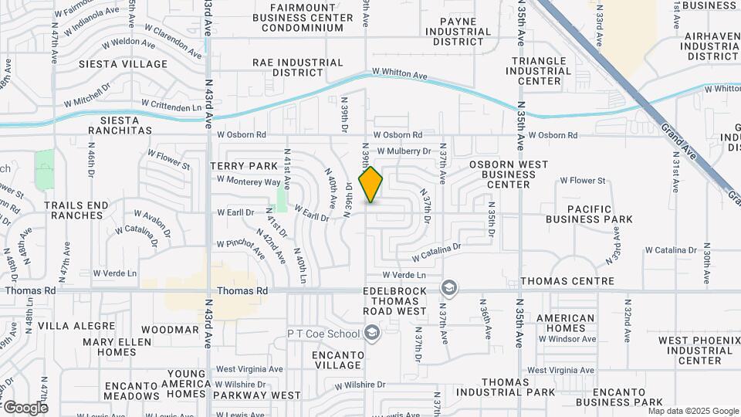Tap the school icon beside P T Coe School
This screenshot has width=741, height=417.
(x=372, y=333)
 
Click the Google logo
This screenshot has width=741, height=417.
(x=25, y=408)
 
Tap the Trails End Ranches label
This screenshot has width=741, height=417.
(x=76, y=210)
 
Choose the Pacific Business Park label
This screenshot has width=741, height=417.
(x=589, y=214)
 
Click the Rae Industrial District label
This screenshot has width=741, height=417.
(x=297, y=67)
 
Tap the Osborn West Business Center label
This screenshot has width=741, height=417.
(x=509, y=175)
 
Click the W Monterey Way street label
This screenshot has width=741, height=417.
(x=249, y=181)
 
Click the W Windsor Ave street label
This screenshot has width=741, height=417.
(x=567, y=339)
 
